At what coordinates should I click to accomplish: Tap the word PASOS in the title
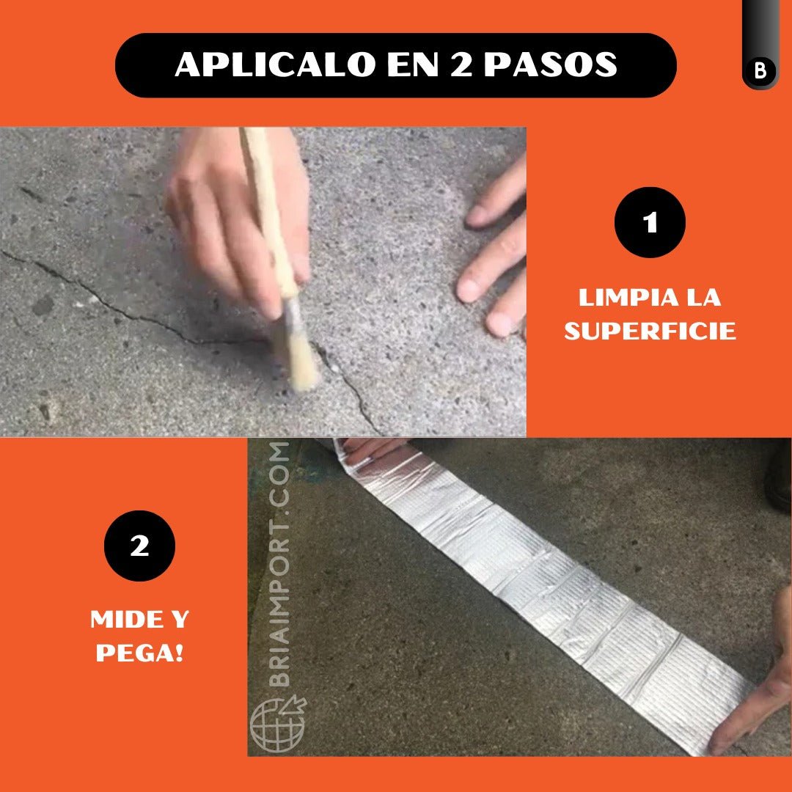(551, 64)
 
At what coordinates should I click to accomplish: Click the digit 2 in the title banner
(461, 64)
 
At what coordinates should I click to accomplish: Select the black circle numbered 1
(650, 222)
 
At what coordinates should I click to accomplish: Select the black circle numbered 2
(139, 546)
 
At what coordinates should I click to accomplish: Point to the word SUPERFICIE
(650, 331)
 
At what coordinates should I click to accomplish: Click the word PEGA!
(139, 653)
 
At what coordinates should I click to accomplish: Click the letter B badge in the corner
(760, 70)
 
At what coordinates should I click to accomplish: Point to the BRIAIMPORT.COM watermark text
(279, 564)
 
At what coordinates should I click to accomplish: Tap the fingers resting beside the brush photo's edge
(496, 252)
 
